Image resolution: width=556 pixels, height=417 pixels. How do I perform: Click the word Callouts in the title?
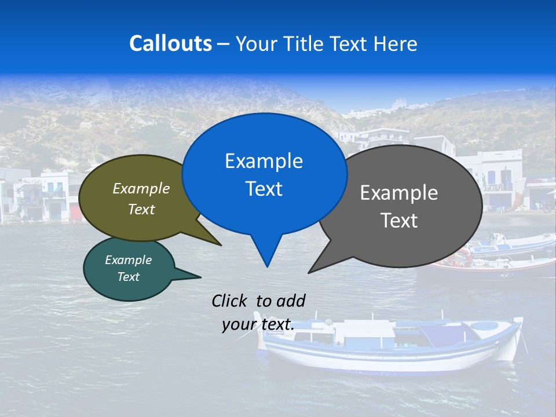click(170, 43)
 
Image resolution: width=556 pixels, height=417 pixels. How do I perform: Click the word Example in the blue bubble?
click(264, 161)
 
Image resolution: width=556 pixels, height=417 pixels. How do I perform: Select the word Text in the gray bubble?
click(399, 221)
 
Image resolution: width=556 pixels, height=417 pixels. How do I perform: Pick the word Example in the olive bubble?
click(141, 189)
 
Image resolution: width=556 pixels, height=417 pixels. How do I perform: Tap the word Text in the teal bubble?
click(128, 277)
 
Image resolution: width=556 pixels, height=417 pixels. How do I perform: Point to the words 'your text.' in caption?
click(258, 324)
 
